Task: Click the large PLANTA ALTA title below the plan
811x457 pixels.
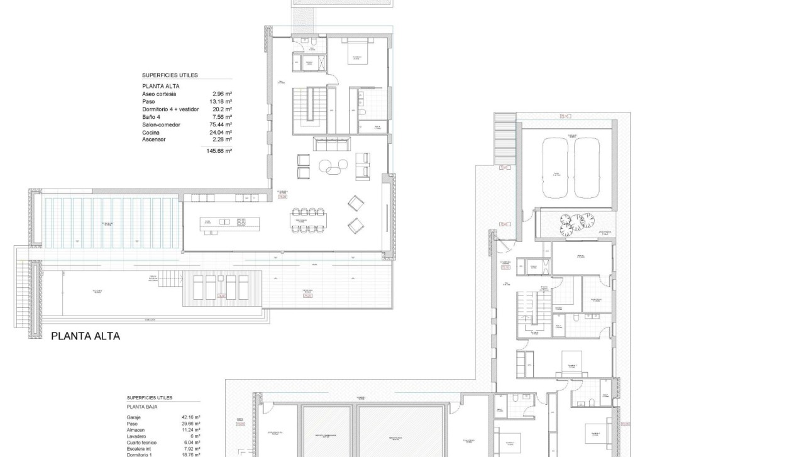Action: [x=85, y=336]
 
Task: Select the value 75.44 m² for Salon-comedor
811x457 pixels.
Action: [x=221, y=124]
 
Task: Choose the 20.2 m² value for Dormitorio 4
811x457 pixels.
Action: [x=223, y=109]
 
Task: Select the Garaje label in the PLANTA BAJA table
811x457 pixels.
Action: [x=135, y=417]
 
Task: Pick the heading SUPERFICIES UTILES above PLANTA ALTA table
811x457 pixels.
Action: [x=170, y=75]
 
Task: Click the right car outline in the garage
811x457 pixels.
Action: [x=586, y=168]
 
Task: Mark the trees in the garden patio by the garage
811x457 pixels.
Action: [x=577, y=222]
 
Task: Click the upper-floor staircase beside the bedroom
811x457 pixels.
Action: [x=312, y=105]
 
